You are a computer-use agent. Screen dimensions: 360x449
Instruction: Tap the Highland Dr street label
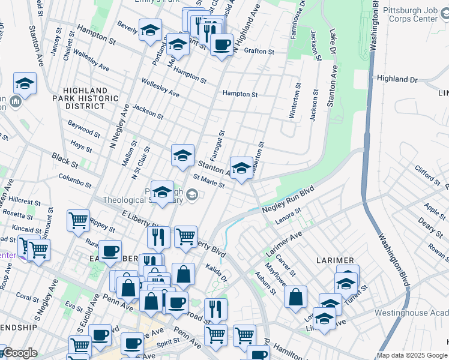pyautogui.click(x=397, y=79)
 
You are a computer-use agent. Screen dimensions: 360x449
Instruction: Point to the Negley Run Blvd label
pyautogui.click(x=288, y=200)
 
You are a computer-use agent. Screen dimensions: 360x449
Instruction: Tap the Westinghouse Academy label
pyautogui.click(x=411, y=313)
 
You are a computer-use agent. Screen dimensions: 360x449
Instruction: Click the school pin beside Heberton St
pyautogui.click(x=241, y=168)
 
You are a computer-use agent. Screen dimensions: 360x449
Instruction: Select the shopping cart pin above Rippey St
pyautogui.click(x=79, y=221)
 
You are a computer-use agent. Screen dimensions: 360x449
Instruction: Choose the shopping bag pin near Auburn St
pyautogui.click(x=296, y=297)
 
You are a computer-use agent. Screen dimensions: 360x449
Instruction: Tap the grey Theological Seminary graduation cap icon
pyautogui.click(x=192, y=193)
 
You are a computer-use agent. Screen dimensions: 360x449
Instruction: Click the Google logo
pyautogui.click(x=20, y=353)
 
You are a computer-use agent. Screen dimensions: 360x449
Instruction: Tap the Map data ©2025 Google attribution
pyautogui.click(x=412, y=355)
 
